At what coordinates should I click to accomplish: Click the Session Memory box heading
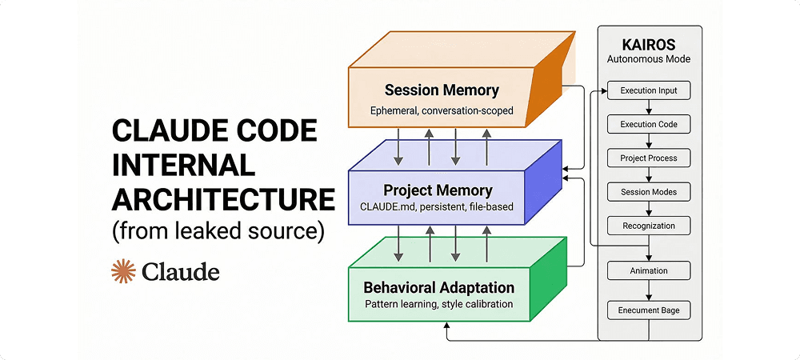[441, 90]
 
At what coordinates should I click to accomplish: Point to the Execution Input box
[649, 90]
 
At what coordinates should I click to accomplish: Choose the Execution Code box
[649, 125]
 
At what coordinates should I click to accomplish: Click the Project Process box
[649, 158]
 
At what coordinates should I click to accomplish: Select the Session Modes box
[649, 192]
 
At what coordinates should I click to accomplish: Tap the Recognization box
[649, 226]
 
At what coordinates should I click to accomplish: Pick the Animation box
[649, 270]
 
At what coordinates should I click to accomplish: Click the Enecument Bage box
[649, 310]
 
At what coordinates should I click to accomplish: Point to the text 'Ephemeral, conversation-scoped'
[442, 110]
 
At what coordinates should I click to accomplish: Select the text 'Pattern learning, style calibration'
[438, 304]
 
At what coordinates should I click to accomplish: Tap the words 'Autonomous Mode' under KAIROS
[649, 59]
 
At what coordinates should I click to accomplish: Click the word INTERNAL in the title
[183, 164]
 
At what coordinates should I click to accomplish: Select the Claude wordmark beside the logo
[180, 273]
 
